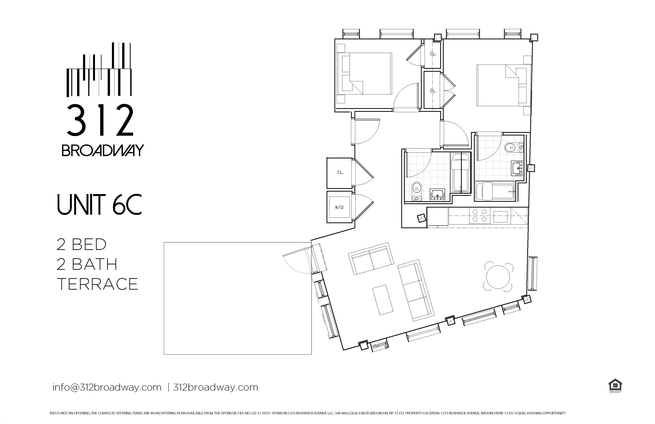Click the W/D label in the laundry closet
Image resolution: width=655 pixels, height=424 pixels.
(339, 207)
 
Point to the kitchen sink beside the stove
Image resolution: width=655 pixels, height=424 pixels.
(500, 216)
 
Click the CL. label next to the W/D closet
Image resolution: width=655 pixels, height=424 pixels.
(340, 172)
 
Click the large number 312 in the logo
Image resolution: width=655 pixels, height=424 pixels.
(100, 120)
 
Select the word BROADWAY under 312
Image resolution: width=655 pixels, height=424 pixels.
(102, 150)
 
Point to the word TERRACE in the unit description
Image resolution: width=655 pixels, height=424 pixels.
(97, 284)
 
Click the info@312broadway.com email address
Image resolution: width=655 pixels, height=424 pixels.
(107, 387)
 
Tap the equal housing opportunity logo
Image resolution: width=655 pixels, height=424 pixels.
(615, 386)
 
